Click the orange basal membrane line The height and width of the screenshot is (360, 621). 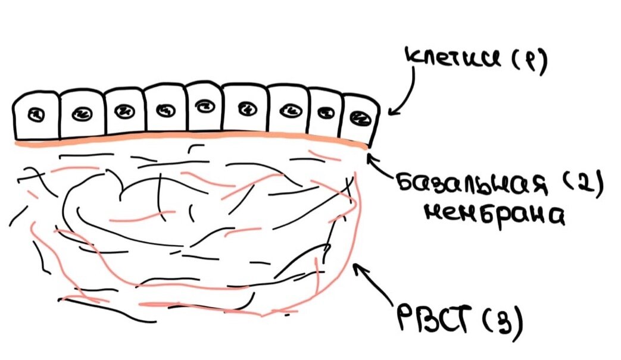191,141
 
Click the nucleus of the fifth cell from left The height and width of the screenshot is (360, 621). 203,107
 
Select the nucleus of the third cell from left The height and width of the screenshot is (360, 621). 124,111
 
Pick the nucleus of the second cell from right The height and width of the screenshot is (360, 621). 325,112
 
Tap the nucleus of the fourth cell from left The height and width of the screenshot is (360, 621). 164,109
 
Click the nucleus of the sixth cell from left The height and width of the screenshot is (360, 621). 245,108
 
